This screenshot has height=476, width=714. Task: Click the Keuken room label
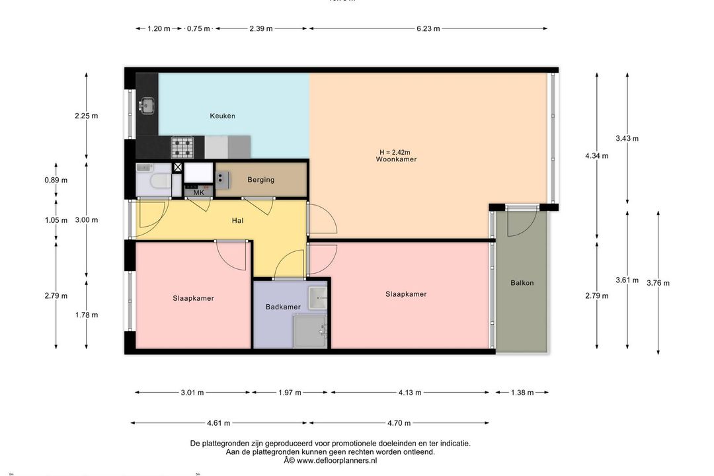click(222, 116)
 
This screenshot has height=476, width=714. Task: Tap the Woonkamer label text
click(396, 159)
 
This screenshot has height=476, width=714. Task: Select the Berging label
click(261, 179)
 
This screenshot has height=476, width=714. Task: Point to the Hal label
click(237, 220)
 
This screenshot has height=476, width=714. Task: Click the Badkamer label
click(283, 307)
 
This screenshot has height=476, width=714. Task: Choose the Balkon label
click(522, 282)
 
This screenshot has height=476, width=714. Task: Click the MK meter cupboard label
click(199, 192)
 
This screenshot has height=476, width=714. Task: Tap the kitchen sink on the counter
click(147, 105)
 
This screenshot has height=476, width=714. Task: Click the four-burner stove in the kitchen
click(182, 147)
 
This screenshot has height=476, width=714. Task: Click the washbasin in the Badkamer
click(317, 298)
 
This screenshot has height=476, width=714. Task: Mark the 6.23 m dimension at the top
click(428, 28)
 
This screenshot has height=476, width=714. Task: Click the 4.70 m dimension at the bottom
click(399, 423)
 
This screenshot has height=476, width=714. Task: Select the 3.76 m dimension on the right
click(658, 283)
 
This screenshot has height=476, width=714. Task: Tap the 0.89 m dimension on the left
click(56, 180)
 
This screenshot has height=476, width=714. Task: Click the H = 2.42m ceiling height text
click(395, 152)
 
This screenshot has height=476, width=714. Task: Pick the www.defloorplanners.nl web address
click(337, 461)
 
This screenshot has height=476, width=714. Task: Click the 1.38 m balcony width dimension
click(522, 392)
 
